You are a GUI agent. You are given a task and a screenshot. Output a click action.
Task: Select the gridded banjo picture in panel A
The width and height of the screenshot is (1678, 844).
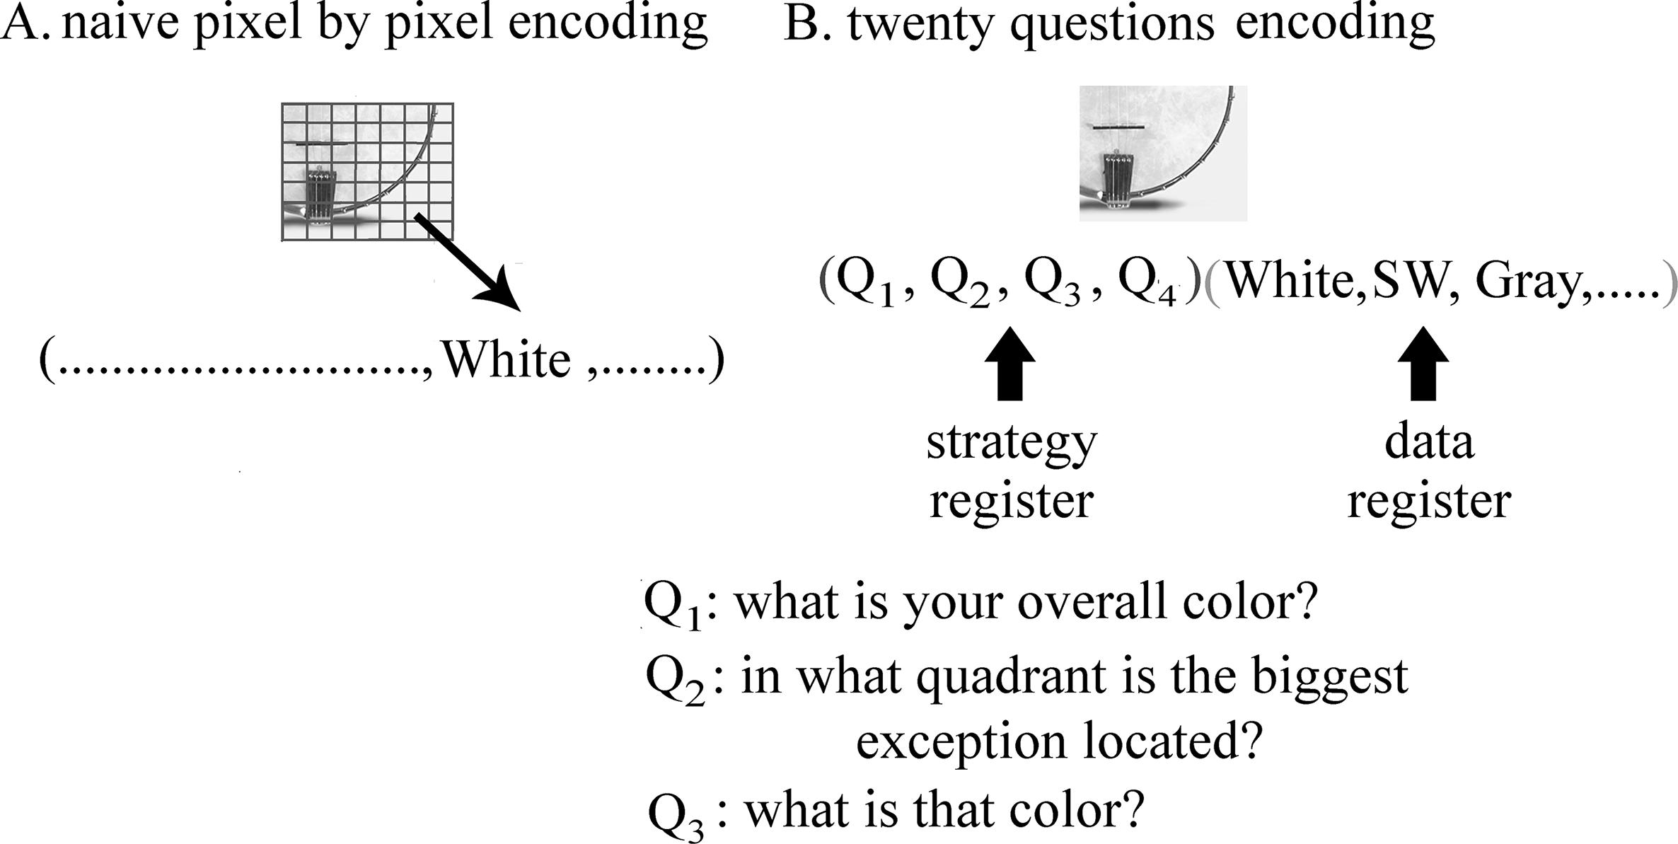pos(367,172)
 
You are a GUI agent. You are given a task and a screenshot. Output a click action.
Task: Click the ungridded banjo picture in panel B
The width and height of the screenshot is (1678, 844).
pos(1162,153)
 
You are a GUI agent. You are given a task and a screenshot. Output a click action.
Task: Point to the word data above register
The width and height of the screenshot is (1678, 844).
pos(1428,441)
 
